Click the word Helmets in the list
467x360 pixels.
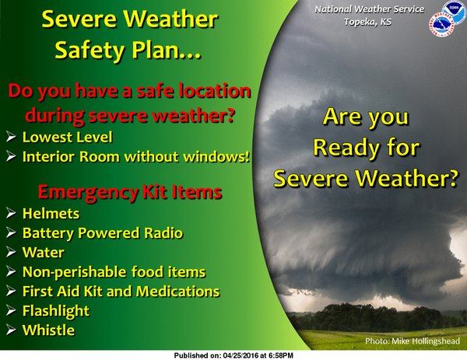(x=51, y=213)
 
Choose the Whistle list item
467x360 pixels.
(x=48, y=330)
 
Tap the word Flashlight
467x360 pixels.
(x=56, y=311)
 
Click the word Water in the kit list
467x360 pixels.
(x=44, y=252)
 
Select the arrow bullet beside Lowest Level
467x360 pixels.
(x=11, y=137)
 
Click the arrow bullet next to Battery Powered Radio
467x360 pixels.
(x=11, y=232)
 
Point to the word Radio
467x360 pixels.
(x=163, y=232)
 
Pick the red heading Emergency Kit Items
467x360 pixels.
(x=130, y=192)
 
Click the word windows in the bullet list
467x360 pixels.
(x=214, y=156)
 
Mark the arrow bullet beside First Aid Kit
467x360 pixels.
(x=11, y=292)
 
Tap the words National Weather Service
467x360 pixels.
(x=370, y=9)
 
